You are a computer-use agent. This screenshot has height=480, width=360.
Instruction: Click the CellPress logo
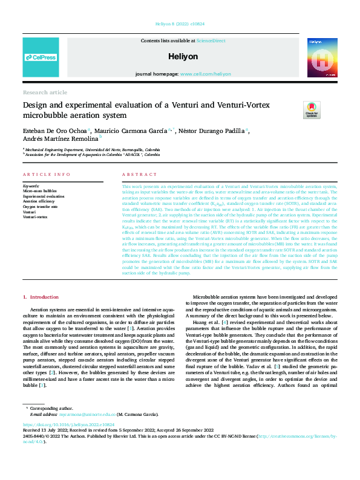click(41, 57)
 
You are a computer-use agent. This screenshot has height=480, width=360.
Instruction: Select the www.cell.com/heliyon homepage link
click(205, 74)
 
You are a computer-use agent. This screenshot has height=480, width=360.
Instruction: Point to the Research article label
click(45, 92)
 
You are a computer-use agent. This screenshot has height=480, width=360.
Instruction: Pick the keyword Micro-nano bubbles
click(41, 192)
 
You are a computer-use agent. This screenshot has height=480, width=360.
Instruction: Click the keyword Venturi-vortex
click(36, 216)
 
